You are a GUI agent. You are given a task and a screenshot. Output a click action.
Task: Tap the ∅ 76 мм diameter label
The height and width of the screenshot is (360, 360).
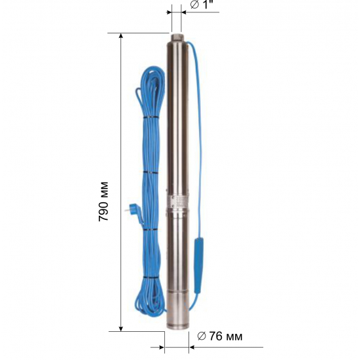(x=220, y=336)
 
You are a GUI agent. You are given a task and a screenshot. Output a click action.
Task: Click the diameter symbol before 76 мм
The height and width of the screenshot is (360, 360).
(x=201, y=336)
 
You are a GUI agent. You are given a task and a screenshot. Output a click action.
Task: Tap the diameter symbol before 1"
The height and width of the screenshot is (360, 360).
(x=194, y=6)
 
